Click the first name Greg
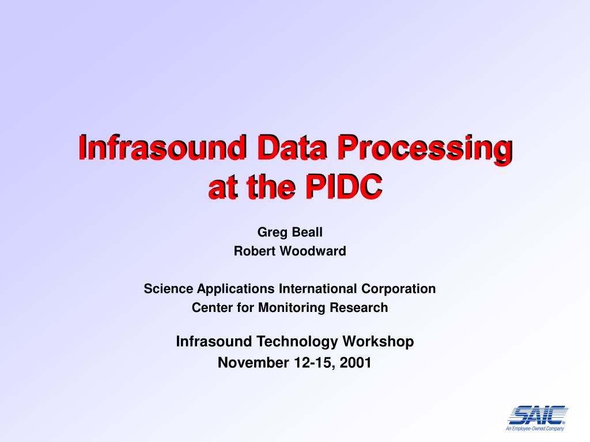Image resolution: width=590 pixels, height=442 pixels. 271,233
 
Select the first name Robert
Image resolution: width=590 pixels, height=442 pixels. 254,251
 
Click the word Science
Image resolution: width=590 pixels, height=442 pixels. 168,288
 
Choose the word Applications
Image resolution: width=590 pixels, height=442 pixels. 236,289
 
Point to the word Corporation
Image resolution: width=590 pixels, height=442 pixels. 398,289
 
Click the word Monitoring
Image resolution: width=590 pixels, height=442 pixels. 292,308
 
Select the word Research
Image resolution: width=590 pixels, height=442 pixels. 358,307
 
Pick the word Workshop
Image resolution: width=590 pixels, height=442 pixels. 379,342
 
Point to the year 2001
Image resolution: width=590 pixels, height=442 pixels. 355,363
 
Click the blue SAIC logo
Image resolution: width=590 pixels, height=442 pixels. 536,414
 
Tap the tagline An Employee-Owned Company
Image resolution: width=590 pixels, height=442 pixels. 535,429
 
